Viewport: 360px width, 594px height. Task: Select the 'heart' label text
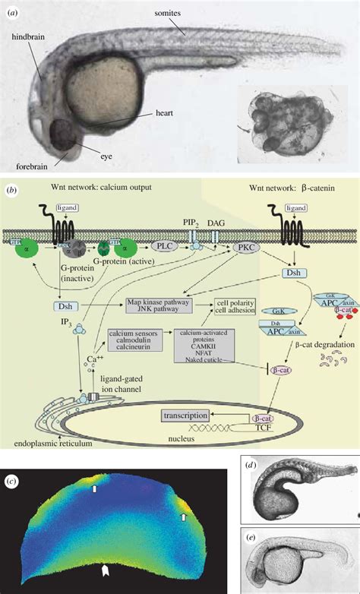165,112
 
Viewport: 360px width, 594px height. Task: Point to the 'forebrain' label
34,165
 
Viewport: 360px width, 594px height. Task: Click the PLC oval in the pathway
162,246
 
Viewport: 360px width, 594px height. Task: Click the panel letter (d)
250,464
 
